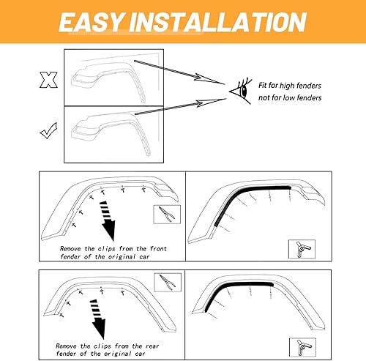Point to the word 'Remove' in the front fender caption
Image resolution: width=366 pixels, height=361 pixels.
click(72, 248)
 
